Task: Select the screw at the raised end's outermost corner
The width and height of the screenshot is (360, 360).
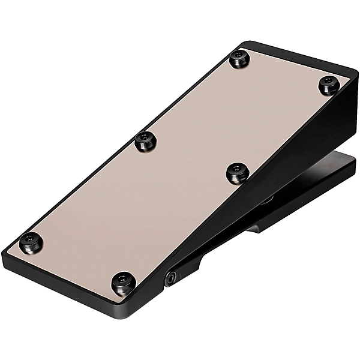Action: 328,85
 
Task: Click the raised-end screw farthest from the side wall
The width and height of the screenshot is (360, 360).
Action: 238,59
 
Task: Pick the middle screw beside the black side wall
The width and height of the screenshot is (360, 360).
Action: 236,173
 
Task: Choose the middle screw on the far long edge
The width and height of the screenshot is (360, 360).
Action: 144,141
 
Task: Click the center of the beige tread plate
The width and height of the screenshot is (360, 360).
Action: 180,168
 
